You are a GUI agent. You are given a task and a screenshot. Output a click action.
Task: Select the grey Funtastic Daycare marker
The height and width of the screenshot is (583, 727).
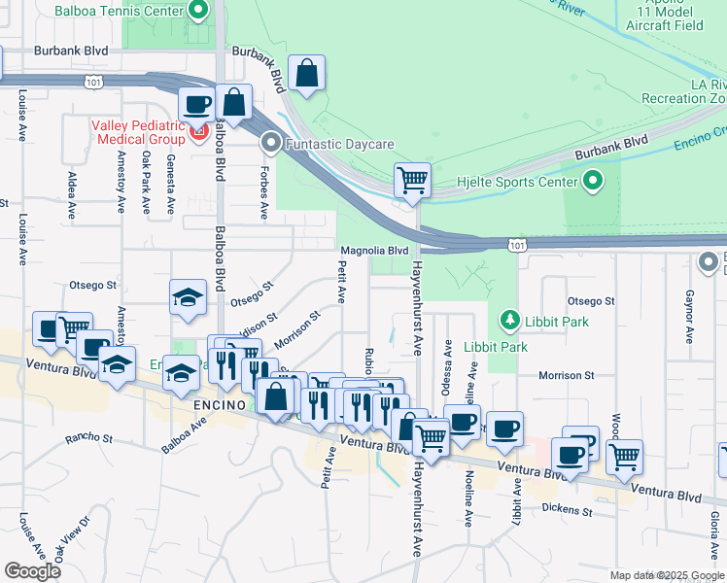tap(271, 144)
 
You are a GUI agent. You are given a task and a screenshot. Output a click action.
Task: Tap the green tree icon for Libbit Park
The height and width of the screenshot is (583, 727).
tap(507, 320)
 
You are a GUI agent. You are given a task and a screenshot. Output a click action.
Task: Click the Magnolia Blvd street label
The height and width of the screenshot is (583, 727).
tap(373, 251)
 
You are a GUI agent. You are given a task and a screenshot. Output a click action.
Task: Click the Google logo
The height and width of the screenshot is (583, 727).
tap(32, 571)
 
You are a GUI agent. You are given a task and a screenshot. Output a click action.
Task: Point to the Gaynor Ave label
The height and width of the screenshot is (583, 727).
tap(689, 317)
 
